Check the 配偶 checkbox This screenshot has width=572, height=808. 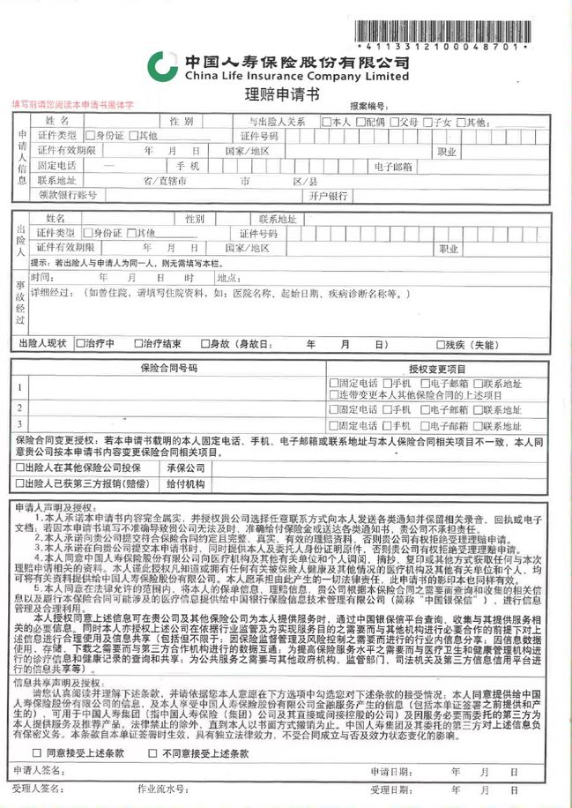pyautogui.click(x=360, y=122)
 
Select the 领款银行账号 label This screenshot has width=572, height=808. pyautogui.click(x=67, y=195)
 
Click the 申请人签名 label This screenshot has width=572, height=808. pyautogui.click(x=41, y=771)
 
